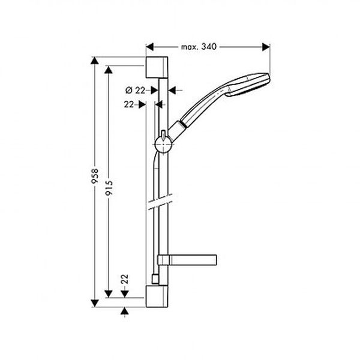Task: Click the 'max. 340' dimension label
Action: [x=199, y=47]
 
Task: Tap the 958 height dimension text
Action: [x=95, y=176]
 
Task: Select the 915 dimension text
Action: [x=109, y=188]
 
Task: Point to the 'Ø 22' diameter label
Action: [x=136, y=91]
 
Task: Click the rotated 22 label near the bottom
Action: [x=124, y=279]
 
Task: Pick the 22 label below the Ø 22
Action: [x=129, y=104]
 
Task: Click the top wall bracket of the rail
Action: [x=157, y=67]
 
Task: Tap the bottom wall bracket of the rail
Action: [x=157, y=296]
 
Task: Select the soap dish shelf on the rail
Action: [x=187, y=260]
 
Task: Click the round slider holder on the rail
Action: [x=163, y=145]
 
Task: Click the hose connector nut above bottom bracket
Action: [x=155, y=279]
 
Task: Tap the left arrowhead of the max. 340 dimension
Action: [x=149, y=47]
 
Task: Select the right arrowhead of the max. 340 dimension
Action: [x=266, y=47]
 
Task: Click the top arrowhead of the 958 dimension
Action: [x=95, y=61]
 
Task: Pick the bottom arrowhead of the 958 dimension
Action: [x=95, y=303]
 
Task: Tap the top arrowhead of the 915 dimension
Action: [x=109, y=70]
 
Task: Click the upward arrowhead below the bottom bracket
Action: [x=124, y=311]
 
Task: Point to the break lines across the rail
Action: [x=160, y=202]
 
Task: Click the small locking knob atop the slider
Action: [x=163, y=134]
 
